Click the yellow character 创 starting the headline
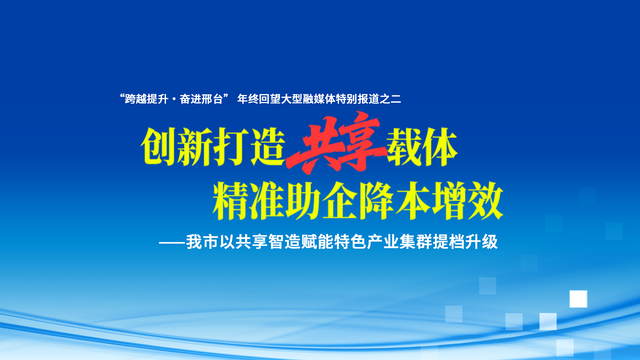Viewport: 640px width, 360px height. click(x=158, y=147)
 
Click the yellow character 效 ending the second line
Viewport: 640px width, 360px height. click(x=485, y=201)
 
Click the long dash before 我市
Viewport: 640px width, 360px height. click(x=172, y=243)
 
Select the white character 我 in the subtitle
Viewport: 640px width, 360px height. click(x=194, y=242)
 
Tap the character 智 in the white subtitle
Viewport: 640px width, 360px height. click(x=276, y=242)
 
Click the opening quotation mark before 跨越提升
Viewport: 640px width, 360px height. click(x=122, y=97)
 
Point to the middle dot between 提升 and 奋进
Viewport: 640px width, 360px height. click(x=174, y=99)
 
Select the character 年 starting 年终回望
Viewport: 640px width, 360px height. click(x=243, y=99)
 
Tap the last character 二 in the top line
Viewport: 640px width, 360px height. click(x=396, y=99)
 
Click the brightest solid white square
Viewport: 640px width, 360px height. click(x=578, y=299)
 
